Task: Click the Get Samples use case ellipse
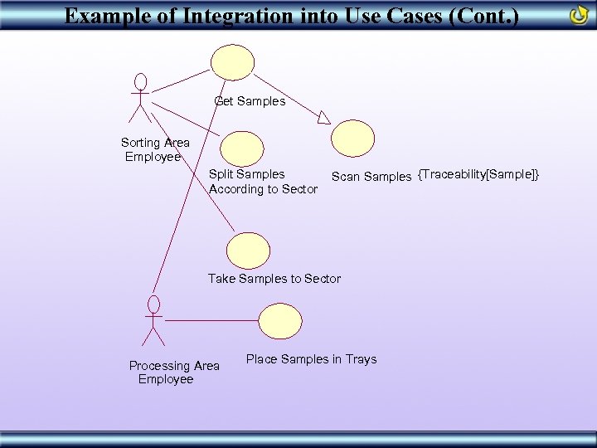[232, 63]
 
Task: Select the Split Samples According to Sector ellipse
[242, 149]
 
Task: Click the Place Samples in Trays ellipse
[280, 321]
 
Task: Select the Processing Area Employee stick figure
[153, 319]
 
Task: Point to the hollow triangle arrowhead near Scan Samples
[323, 118]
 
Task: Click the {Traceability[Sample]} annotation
[479, 174]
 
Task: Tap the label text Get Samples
[250, 101]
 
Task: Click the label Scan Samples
[371, 176]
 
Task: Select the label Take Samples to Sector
[274, 279]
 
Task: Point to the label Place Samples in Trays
[311, 359]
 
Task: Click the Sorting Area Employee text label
[154, 149]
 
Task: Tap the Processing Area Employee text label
[173, 373]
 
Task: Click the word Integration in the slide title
[232, 16]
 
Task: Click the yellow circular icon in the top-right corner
[580, 15]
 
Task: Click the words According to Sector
[263, 189]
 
